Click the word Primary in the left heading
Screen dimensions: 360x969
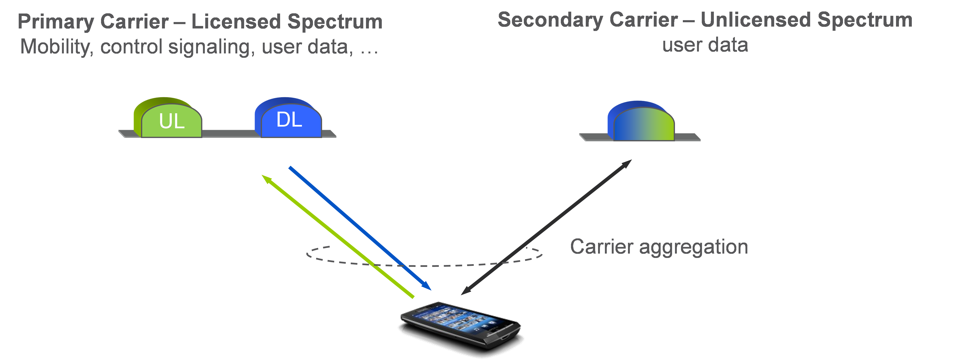[56, 22]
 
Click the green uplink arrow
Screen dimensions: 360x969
[339, 237]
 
